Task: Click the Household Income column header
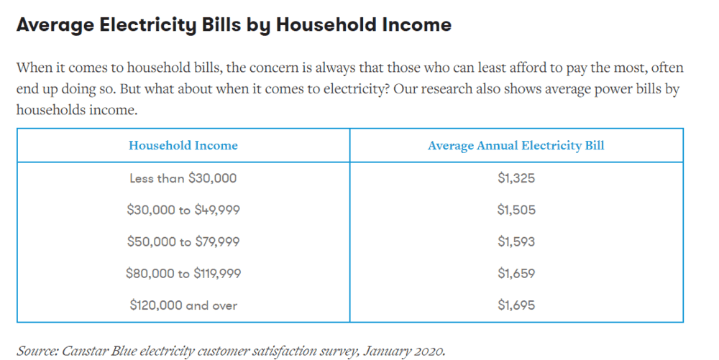coord(183,145)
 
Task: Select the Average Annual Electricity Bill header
coord(516,145)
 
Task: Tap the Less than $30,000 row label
coord(183,177)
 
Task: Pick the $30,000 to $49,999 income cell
coord(183,210)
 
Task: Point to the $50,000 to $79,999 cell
coord(183,241)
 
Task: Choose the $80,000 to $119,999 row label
coord(183,274)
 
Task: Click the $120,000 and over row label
coord(183,305)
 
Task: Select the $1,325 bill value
coord(516,177)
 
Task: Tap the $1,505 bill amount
coord(516,210)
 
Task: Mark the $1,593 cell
coord(516,241)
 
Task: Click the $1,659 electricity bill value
coord(516,274)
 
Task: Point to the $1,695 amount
coord(516,305)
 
